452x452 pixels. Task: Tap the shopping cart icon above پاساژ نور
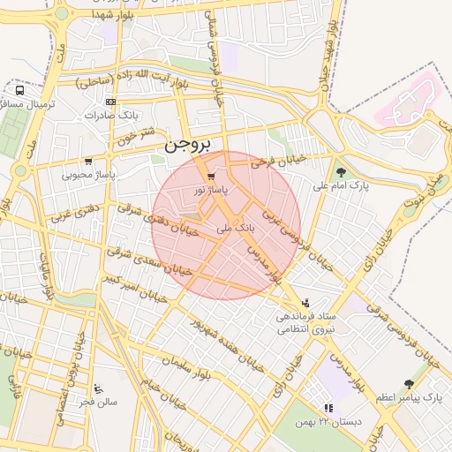pos(209,177)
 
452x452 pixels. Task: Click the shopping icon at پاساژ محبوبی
pos(88,162)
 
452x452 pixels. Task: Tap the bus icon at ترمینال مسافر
pos(19,90)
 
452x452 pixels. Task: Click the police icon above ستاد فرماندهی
pos(306,302)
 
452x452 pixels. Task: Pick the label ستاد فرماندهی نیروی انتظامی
pos(301,321)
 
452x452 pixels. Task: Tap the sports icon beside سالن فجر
pos(98,388)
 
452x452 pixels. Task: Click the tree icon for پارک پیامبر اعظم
pos(408,384)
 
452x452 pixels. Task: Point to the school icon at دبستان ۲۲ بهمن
pos(328,408)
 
